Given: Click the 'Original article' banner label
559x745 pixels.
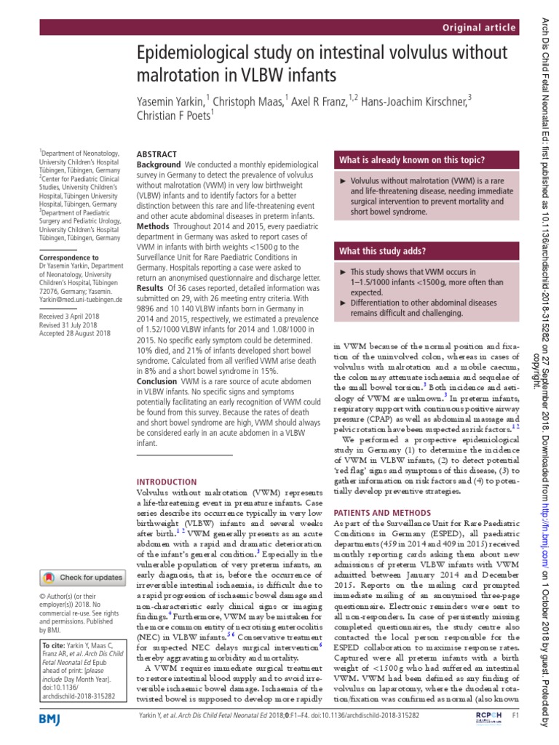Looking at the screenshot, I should (476, 27).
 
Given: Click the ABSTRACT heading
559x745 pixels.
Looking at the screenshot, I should (156, 154).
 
